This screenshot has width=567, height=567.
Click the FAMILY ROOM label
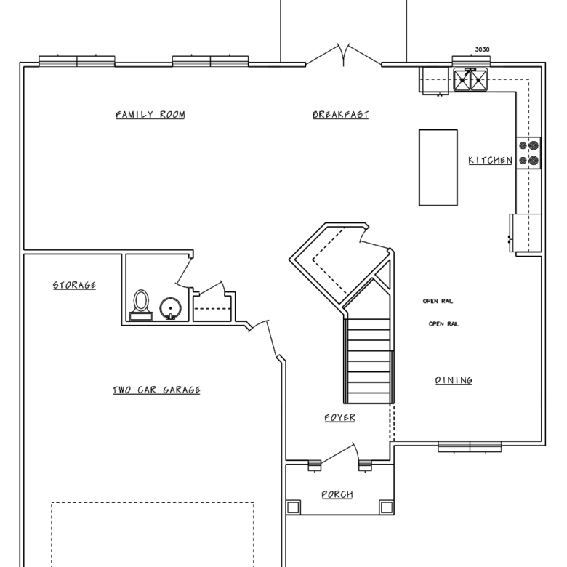(150, 115)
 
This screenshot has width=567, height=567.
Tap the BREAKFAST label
(341, 115)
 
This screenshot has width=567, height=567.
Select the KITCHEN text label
(491, 160)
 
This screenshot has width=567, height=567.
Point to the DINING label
(454, 380)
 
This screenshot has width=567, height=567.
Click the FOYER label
(340, 418)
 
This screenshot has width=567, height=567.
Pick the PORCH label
(337, 494)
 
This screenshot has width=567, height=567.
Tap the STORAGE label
(74, 285)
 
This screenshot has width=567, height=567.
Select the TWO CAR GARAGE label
(156, 390)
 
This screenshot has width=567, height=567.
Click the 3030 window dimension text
(482, 49)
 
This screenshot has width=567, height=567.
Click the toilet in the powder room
(141, 305)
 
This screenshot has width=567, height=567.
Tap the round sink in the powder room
(170, 308)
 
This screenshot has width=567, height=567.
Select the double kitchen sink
(470, 79)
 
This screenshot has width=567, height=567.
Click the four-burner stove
(528, 153)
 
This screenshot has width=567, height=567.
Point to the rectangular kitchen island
(438, 168)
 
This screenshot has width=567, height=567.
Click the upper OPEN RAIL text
(438, 301)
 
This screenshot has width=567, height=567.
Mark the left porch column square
(293, 507)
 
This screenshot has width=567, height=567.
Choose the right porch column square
(386, 507)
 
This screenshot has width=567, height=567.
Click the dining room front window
(470, 446)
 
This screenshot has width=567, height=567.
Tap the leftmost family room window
(76, 61)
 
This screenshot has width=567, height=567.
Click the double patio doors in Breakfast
(344, 55)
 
